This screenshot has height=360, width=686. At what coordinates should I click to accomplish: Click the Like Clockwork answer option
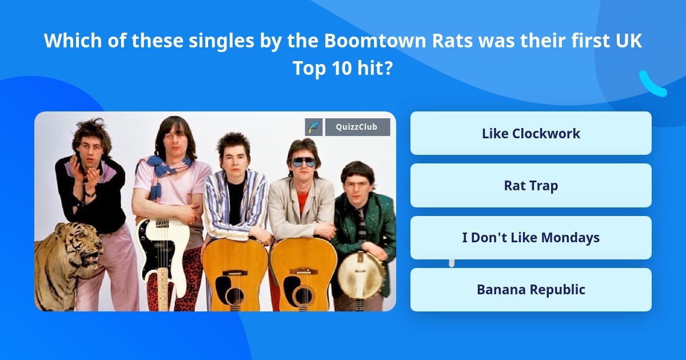click(x=531, y=134)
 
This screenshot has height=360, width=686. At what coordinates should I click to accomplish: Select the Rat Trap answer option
click(x=531, y=186)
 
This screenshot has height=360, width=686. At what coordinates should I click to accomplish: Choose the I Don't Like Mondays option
click(x=531, y=238)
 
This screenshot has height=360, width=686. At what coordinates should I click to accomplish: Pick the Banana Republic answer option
click(x=531, y=290)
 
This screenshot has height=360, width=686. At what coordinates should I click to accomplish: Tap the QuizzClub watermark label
click(x=357, y=127)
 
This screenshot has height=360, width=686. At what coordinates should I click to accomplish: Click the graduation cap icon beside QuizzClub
click(x=314, y=127)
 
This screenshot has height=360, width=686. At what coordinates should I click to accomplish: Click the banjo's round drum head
click(x=360, y=276)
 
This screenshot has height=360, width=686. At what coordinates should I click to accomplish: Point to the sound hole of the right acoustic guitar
click(x=303, y=294)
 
